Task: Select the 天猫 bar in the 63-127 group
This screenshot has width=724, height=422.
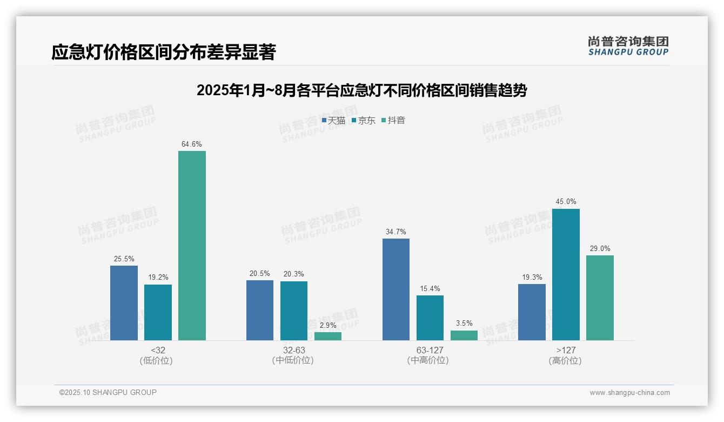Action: click(395, 289)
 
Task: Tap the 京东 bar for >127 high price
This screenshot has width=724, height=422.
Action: click(566, 274)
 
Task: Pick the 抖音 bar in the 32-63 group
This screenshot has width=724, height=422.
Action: click(328, 336)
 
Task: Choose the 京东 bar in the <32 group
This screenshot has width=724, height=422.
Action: click(158, 312)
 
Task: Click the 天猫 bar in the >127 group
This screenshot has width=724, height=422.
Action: click(532, 312)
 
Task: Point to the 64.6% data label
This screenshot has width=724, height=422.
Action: click(192, 144)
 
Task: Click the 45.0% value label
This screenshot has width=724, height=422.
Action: click(566, 202)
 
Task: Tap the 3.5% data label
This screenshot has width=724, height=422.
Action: click(464, 324)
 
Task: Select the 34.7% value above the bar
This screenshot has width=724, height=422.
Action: click(395, 232)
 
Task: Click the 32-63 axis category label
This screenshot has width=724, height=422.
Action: click(293, 350)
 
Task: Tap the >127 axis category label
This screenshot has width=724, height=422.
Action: click(565, 350)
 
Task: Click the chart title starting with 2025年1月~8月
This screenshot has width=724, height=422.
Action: click(361, 90)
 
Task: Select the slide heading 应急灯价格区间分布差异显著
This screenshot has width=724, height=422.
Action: click(164, 52)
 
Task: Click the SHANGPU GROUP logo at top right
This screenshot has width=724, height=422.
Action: click(628, 46)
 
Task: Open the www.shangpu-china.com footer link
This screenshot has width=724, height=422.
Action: click(629, 393)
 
